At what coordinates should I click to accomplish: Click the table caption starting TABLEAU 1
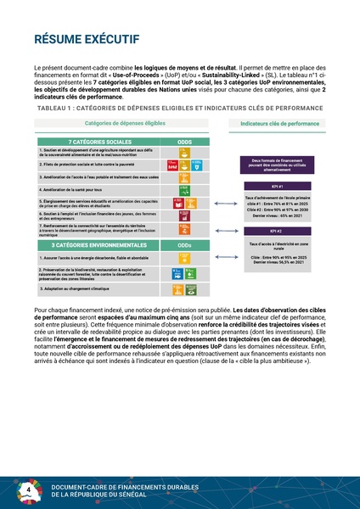pyautogui.click(x=179, y=109)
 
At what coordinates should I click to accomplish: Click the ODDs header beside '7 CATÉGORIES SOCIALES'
pyautogui.click(x=183, y=141)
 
